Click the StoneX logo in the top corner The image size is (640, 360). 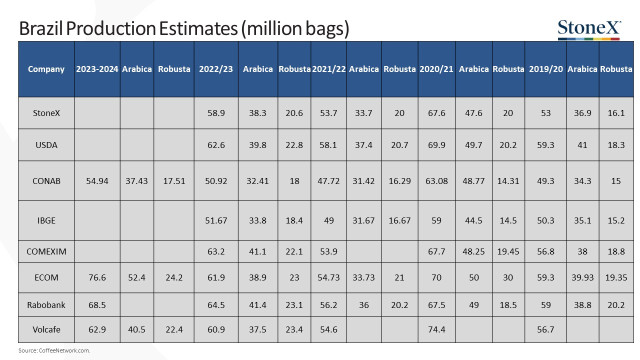[589, 29]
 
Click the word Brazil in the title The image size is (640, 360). [40, 28]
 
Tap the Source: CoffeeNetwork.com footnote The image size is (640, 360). [54, 350]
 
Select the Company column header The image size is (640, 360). [46, 69]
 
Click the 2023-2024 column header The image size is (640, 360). [97, 69]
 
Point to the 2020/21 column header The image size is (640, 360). [436, 69]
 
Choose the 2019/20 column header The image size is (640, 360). [545, 69]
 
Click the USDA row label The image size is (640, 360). [46, 145]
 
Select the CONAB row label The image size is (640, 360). [46, 181]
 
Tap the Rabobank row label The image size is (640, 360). [46, 305]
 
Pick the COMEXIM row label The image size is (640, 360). [46, 251]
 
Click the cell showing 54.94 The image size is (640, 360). [97, 181]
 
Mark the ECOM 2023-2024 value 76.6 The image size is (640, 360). [97, 277]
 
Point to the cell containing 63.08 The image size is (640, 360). [436, 181]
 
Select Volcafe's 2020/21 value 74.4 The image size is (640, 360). [436, 329]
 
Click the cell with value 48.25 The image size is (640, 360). [473, 251]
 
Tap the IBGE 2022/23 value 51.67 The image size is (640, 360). [216, 220]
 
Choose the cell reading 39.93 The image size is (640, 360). [582, 277]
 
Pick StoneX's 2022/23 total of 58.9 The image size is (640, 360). [216, 113]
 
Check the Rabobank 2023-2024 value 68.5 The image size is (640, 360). [97, 305]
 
